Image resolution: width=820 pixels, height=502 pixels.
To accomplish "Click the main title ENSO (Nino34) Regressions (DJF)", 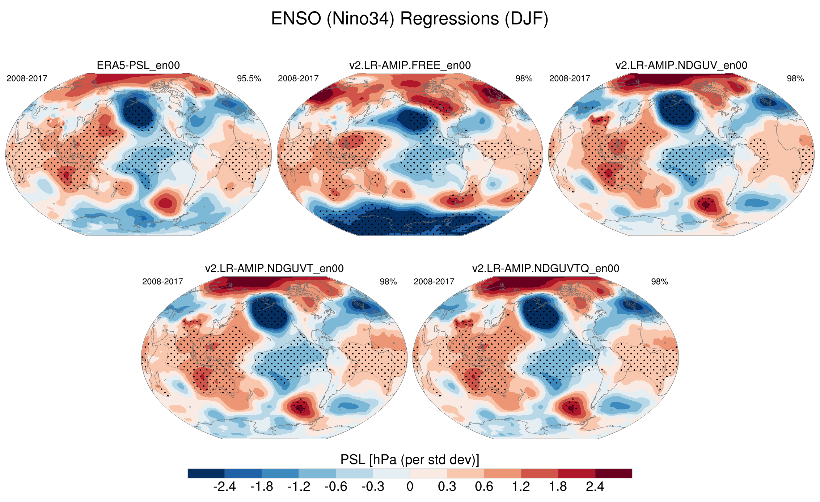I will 410,19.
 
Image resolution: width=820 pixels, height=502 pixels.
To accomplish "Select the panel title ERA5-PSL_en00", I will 138,65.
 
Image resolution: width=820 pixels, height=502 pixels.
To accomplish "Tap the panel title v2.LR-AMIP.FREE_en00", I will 410,65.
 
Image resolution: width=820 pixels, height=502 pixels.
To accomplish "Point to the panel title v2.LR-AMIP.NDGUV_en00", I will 681,65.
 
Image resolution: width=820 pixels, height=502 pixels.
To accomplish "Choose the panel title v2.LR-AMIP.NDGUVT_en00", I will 274,268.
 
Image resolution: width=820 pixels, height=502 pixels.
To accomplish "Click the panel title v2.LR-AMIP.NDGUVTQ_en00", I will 546,268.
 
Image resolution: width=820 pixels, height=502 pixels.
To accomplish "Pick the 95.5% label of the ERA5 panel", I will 249,78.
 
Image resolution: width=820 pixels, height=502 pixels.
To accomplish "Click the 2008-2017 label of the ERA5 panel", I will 27,78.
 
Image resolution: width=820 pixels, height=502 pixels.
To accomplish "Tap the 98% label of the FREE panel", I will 524,78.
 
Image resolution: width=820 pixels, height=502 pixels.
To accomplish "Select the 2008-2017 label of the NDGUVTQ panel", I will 434,281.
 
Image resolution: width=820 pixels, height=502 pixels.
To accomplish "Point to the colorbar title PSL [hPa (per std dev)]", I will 410,460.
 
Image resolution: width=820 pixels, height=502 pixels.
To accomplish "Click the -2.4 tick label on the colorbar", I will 224,487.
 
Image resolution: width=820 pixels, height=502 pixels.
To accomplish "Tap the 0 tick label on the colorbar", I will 410,487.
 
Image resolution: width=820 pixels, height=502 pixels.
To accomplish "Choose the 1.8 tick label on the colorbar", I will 558,487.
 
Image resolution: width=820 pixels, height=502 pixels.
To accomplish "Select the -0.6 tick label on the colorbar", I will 335,487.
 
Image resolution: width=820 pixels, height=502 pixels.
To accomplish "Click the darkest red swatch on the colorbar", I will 613,473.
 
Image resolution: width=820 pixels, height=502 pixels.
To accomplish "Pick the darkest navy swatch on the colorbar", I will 206,473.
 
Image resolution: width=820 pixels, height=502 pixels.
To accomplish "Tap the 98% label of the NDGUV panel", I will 795,78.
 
